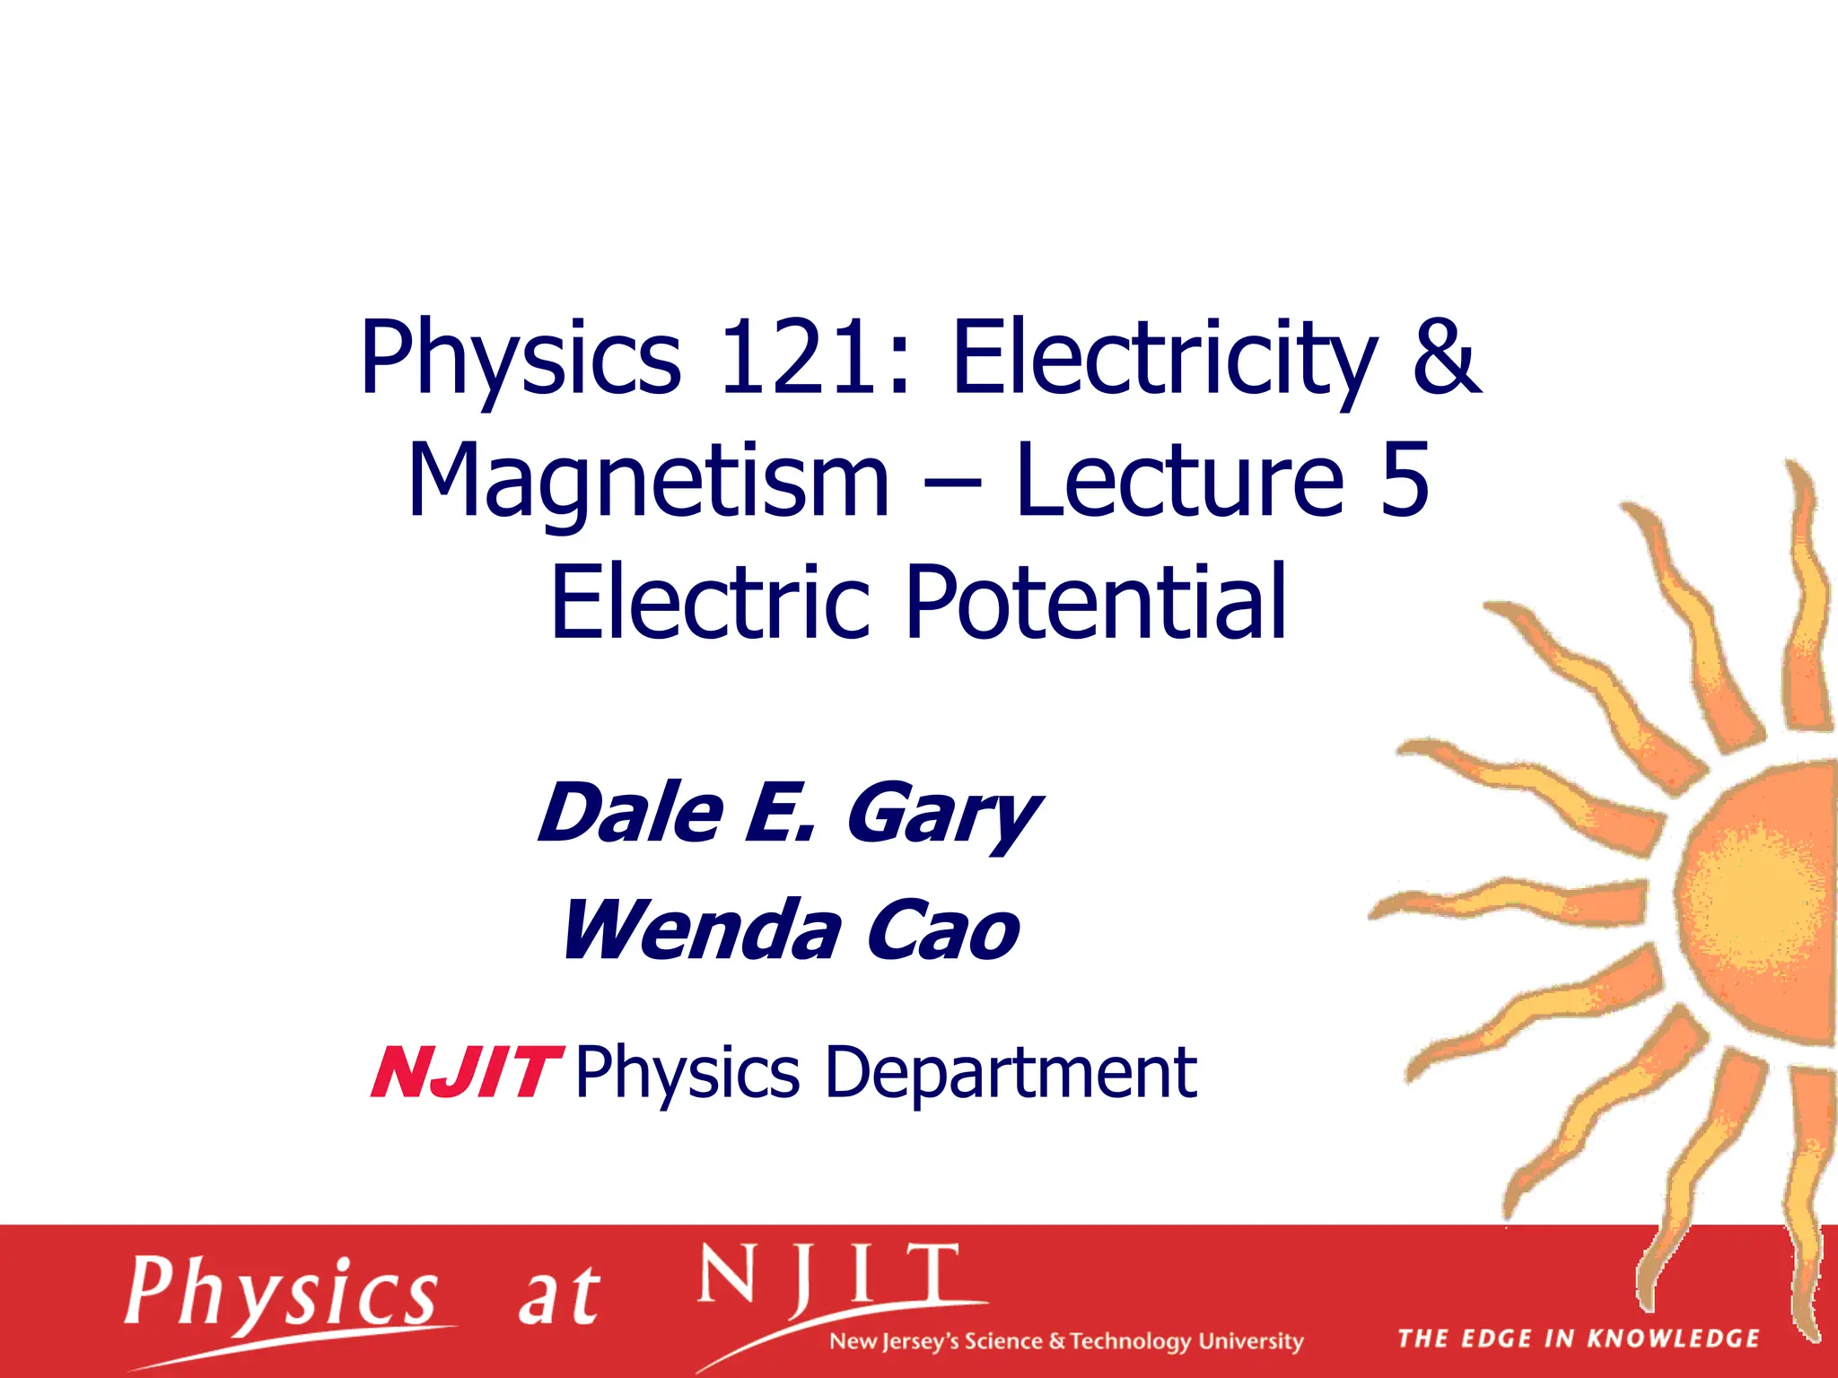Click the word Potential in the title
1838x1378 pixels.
[1097, 601]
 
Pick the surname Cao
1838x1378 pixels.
[942, 931]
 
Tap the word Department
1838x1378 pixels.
[1011, 1073]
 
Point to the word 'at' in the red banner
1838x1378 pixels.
[558, 1297]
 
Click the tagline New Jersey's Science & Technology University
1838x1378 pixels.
[1066, 1342]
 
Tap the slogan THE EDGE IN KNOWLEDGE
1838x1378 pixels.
[1578, 1339]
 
